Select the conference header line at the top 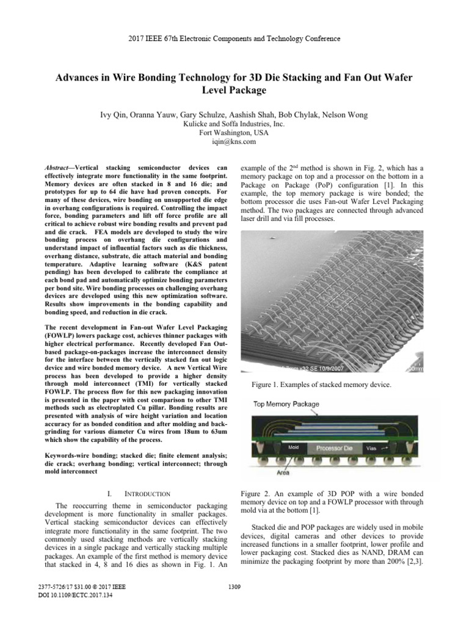click(x=234, y=38)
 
